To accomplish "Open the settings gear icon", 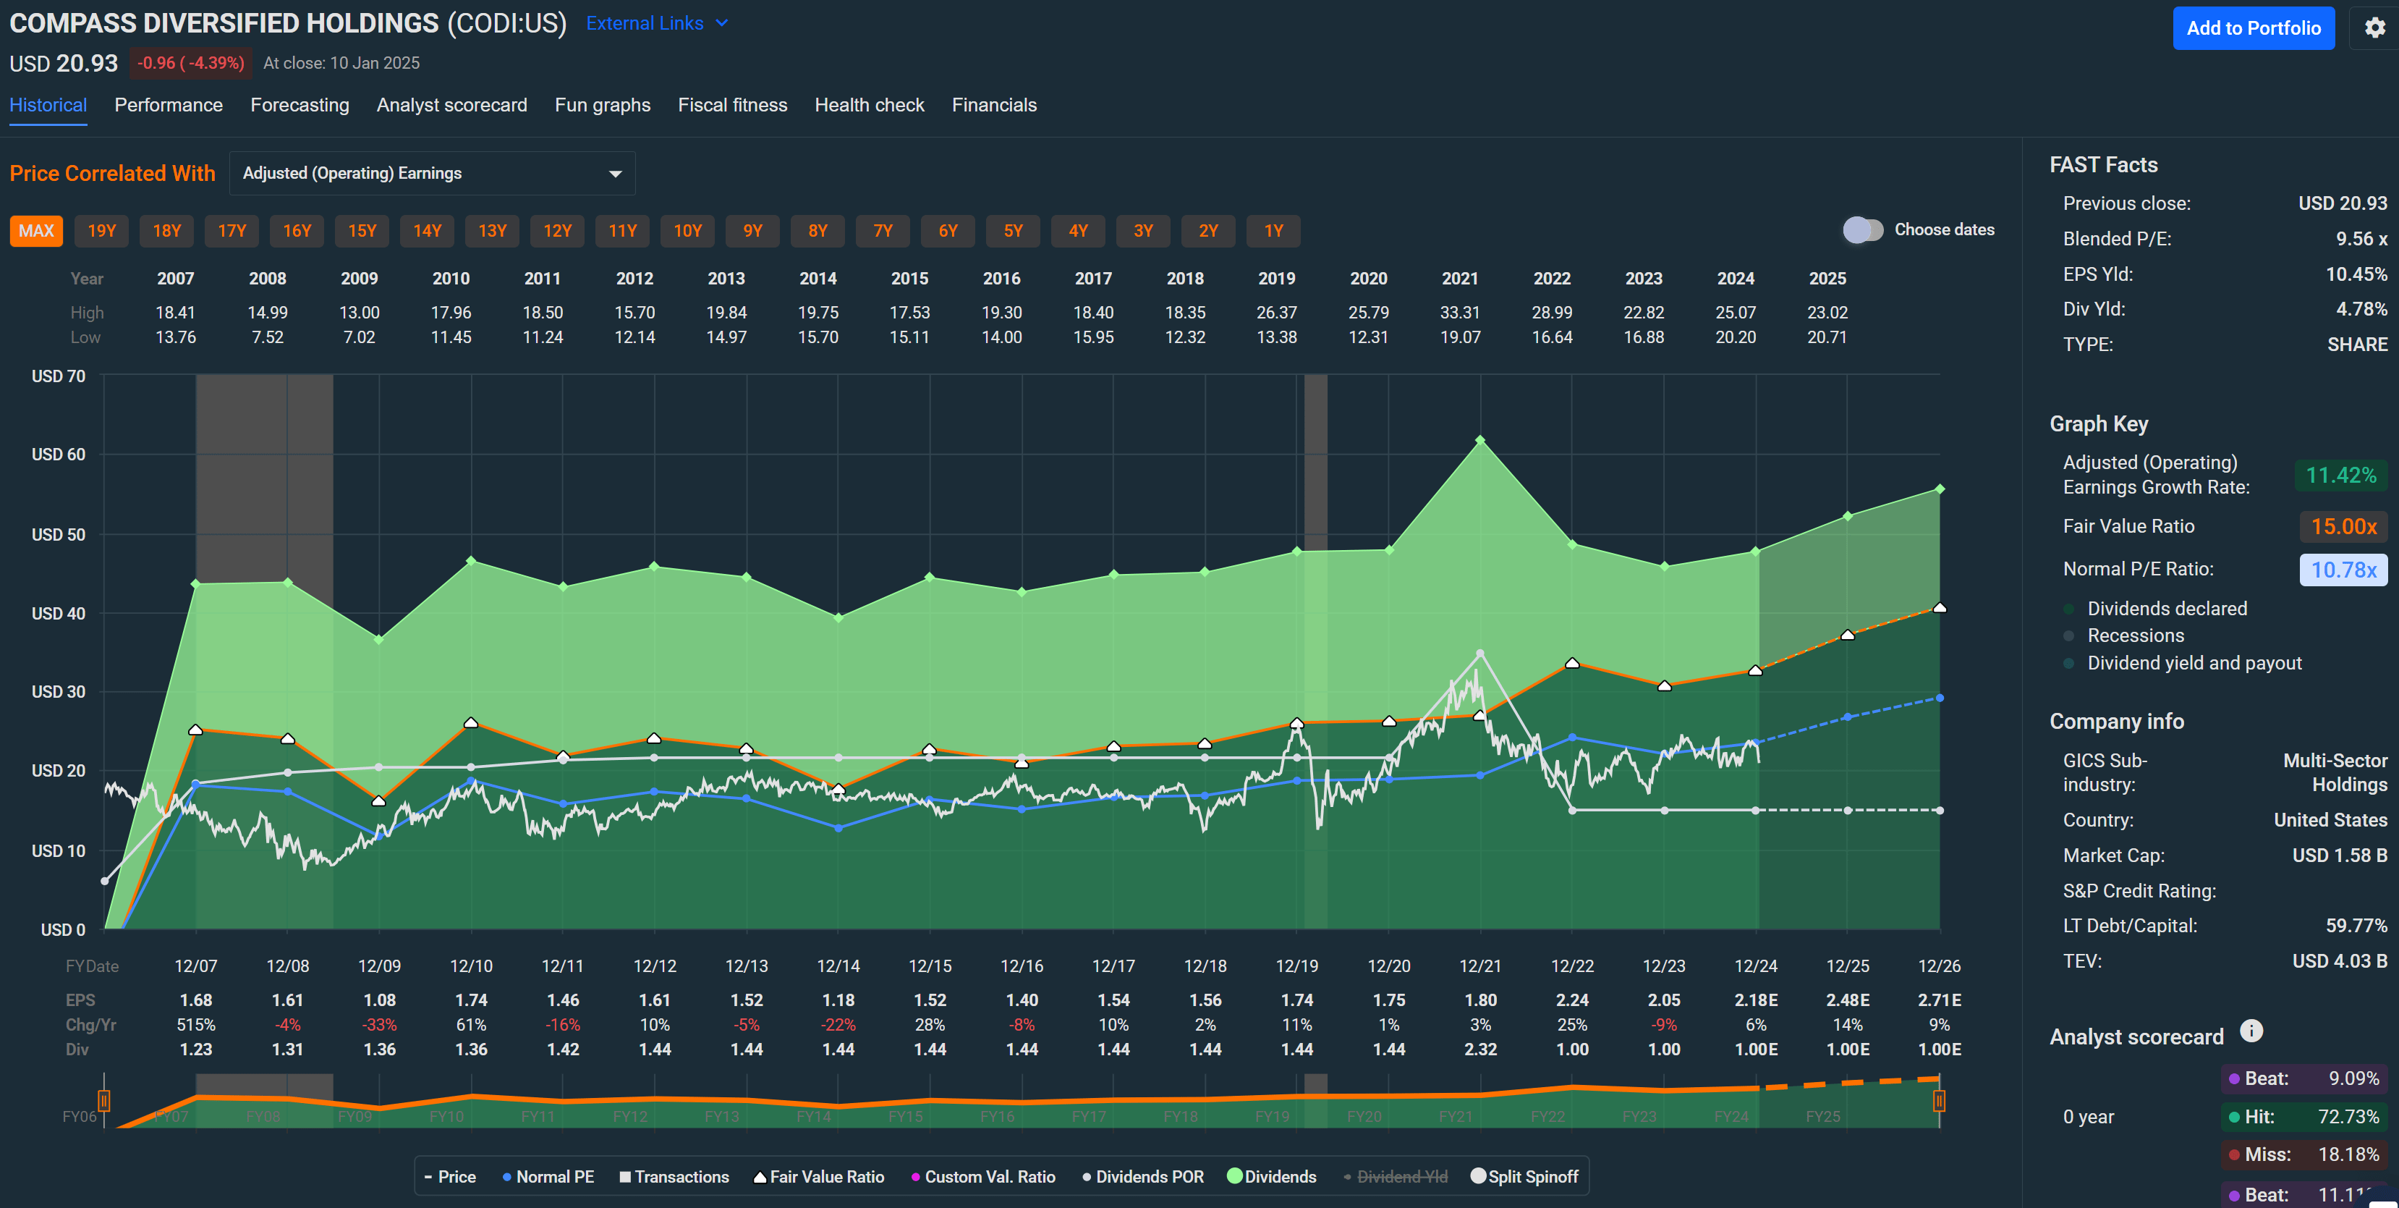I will click(x=2375, y=28).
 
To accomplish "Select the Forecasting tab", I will click(x=299, y=105).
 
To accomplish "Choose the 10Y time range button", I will click(x=687, y=231).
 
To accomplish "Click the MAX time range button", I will click(x=36, y=231).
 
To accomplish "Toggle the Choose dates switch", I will click(x=1863, y=230).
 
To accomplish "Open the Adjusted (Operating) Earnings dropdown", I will click(x=431, y=173).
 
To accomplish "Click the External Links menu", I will click(x=655, y=23).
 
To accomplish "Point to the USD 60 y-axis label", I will click(x=58, y=455).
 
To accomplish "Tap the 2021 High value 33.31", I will click(x=1459, y=313).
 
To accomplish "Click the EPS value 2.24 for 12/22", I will click(x=1572, y=1000).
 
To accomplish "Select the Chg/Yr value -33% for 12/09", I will click(x=379, y=1024).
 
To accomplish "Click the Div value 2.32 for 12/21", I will click(x=1479, y=1049).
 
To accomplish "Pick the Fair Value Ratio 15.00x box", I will click(x=2343, y=526).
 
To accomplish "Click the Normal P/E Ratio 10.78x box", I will click(x=2343, y=569).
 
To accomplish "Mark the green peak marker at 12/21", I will click(x=1479, y=439).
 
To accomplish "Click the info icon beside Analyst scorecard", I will click(x=2251, y=1031).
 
